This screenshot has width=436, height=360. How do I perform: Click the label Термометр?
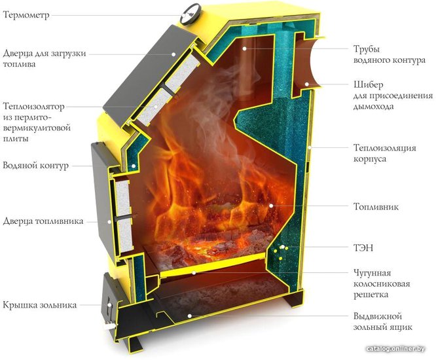pyautogui.click(x=26, y=14)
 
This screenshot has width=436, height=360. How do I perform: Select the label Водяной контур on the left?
pyautogui.click(x=35, y=166)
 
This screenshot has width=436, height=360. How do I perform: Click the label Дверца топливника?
pyautogui.click(x=43, y=221)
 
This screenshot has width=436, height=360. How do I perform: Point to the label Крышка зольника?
pyautogui.click(x=40, y=305)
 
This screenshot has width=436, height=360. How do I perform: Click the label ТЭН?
pyautogui.click(x=363, y=247)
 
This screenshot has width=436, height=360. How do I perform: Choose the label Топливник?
pyautogui.click(x=376, y=207)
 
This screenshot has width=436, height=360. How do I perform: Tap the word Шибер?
pyautogui.click(x=368, y=85)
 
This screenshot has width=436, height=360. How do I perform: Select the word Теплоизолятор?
pyautogui.click(x=33, y=106)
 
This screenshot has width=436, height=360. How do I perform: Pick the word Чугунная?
pyautogui.click(x=372, y=273)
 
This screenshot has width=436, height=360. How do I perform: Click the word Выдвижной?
pyautogui.click(x=378, y=316)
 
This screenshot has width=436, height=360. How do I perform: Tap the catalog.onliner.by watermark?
pyautogui.click(x=395, y=349)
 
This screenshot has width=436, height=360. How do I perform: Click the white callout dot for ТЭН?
pyautogui.click(x=283, y=247)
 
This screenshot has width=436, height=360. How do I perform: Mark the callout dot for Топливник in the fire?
pyautogui.click(x=270, y=206)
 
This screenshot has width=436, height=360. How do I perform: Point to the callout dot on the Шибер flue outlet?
pyautogui.click(x=306, y=84)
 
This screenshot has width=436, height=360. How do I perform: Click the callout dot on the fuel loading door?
pyautogui.click(x=173, y=54)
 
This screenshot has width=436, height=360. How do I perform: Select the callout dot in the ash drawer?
pyautogui.click(x=190, y=315)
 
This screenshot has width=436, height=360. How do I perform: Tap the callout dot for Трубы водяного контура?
pyautogui.click(x=244, y=48)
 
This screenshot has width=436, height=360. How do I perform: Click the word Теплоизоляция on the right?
pyautogui.click(x=384, y=148)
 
